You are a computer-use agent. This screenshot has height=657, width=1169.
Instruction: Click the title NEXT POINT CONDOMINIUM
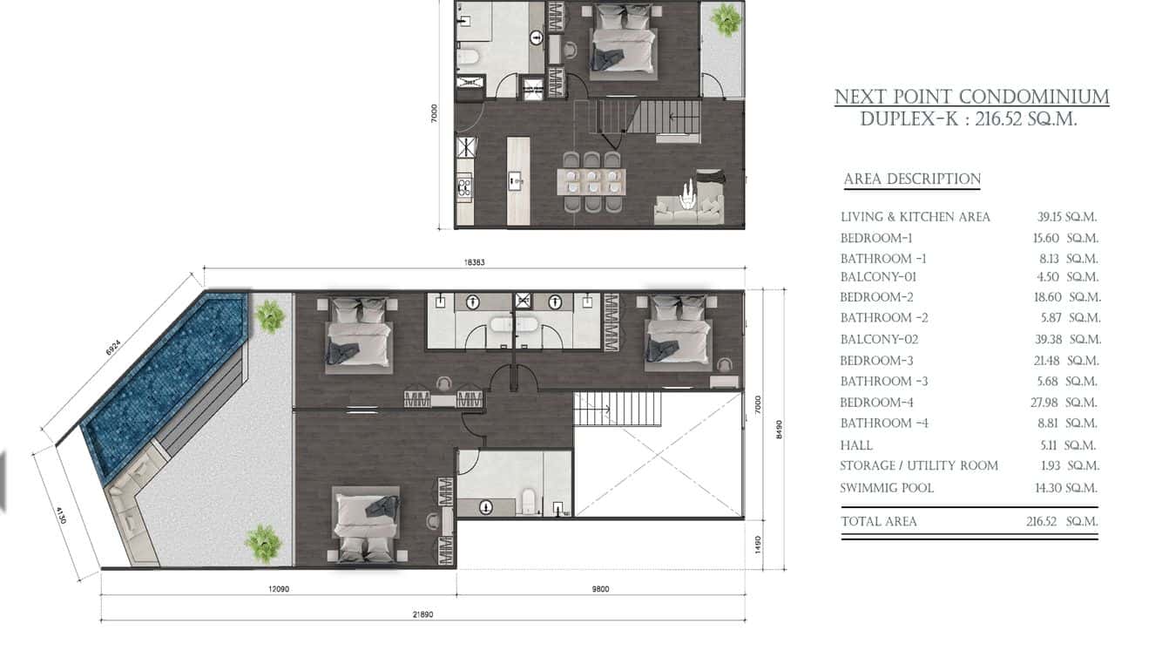pos(972,97)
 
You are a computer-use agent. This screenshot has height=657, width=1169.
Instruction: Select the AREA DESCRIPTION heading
pos(912,179)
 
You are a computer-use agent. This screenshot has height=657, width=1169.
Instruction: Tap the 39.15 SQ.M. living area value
pos(1067,217)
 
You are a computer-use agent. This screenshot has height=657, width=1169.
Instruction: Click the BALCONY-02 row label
pos(879,340)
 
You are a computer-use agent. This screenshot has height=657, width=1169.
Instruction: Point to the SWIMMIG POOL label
pos(887,489)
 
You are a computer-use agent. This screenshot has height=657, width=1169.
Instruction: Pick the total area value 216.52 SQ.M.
pos(1062,521)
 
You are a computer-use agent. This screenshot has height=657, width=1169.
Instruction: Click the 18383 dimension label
pos(475,262)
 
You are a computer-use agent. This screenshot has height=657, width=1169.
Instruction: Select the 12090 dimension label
pos(279,589)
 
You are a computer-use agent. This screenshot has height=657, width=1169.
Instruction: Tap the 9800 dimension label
pos(601,589)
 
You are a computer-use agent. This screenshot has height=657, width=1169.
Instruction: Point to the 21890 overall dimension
pos(422,614)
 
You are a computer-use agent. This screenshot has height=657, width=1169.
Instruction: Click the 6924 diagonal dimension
pos(112,348)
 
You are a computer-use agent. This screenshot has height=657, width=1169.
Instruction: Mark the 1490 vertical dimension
pos(759,545)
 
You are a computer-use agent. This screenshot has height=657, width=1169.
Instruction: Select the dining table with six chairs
pos(591,182)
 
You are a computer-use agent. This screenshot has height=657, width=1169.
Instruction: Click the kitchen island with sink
pos(518,180)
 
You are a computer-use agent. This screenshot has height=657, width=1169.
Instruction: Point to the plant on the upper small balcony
pos(726,20)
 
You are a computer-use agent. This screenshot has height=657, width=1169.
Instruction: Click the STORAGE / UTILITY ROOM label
pos(919,466)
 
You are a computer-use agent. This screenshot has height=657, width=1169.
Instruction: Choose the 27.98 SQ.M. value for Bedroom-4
pos(1065,403)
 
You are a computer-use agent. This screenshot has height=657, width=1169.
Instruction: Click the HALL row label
pos(856,445)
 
